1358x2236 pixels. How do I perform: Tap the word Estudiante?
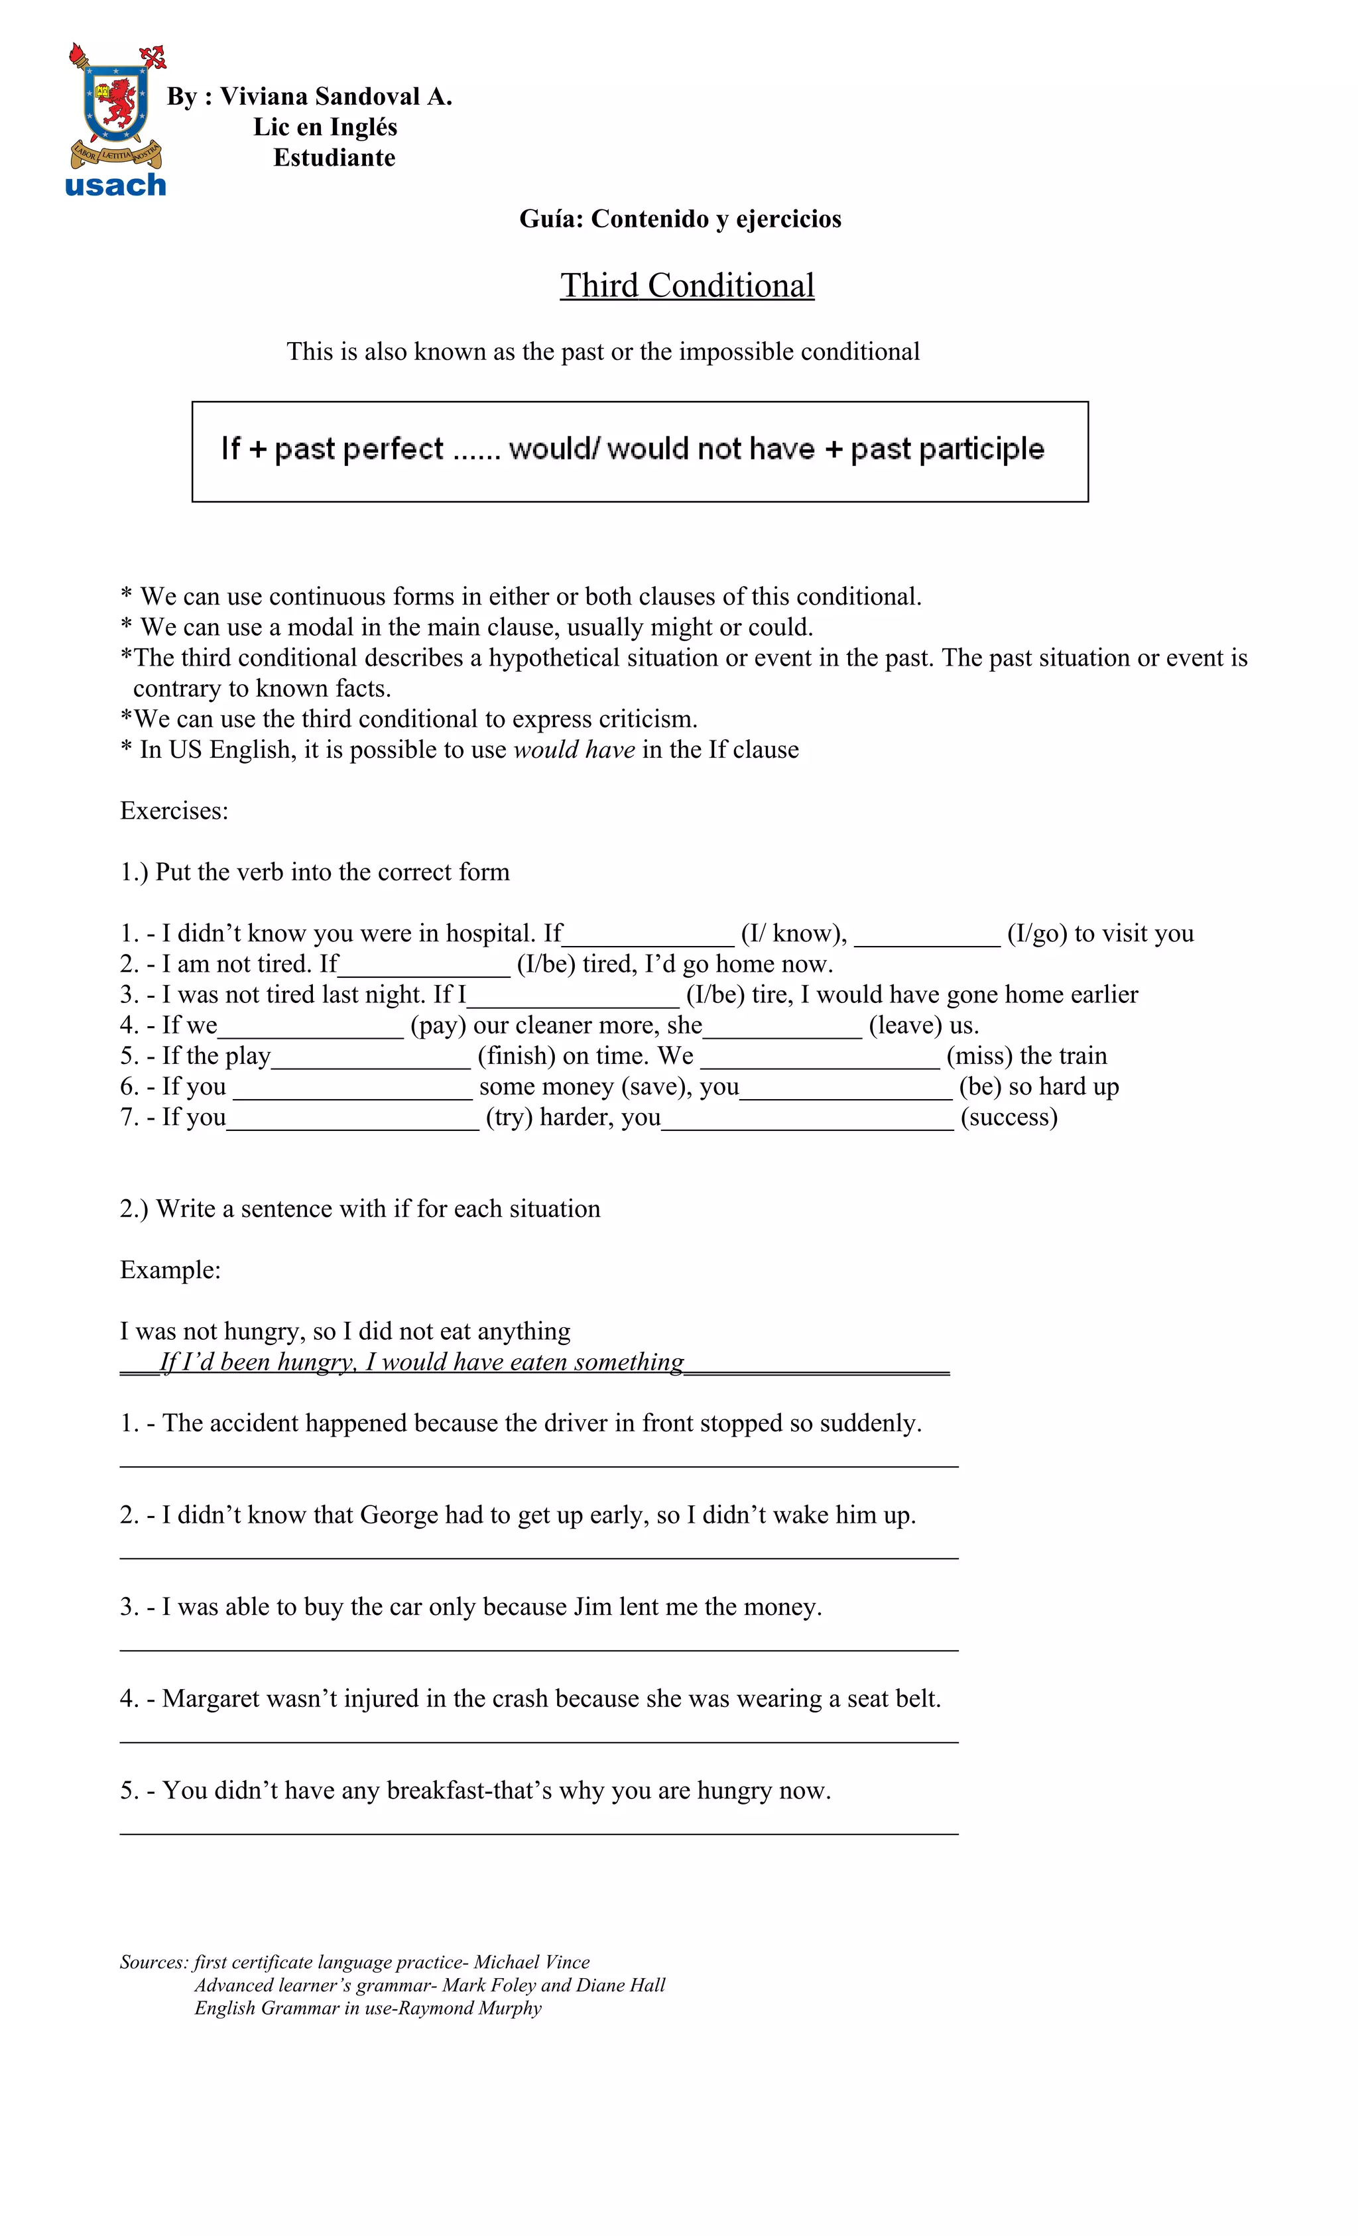tap(334, 158)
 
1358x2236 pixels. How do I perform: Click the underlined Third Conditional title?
tap(686, 285)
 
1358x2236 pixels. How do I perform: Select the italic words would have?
tap(574, 750)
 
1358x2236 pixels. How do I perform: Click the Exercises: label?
tap(174, 810)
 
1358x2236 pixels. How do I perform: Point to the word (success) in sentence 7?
tap(1009, 1117)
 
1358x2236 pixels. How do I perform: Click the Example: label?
tap(170, 1269)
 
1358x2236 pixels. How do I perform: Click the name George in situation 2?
tap(399, 1515)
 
